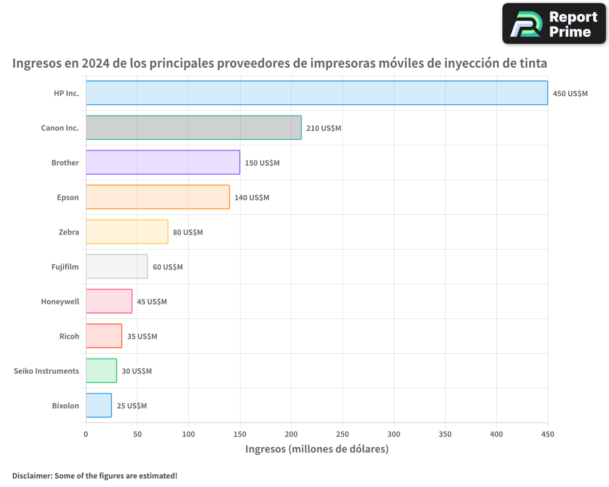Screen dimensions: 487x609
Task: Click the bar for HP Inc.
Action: (317, 93)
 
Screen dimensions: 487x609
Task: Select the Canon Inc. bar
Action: (194, 128)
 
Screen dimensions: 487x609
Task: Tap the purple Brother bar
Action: (163, 163)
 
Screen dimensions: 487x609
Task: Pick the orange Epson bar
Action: (158, 197)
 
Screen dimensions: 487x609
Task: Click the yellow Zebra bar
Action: (127, 232)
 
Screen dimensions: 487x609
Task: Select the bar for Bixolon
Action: (99, 405)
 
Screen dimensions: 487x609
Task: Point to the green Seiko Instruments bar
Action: (101, 371)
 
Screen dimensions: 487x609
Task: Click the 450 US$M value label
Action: (570, 94)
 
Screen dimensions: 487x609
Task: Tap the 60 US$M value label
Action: (167, 267)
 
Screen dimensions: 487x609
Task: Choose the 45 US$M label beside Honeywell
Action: (152, 302)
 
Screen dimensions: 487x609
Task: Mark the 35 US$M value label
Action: (142, 337)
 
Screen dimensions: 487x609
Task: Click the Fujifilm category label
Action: (65, 267)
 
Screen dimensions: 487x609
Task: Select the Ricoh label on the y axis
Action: (69, 336)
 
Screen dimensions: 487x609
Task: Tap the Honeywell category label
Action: (60, 301)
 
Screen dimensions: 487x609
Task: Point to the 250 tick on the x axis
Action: (342, 434)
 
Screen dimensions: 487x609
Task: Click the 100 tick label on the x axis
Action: (188, 434)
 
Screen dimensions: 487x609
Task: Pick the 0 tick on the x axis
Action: (86, 434)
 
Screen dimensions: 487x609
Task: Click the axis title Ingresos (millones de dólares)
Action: (317, 449)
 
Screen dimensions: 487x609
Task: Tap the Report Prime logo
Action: (554, 24)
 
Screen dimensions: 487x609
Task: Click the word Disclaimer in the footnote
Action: (32, 475)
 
